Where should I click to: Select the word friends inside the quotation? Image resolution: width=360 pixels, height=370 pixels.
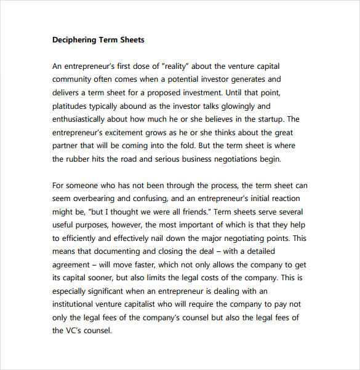[207, 212]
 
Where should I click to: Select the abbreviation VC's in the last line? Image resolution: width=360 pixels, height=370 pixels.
[76, 331]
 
